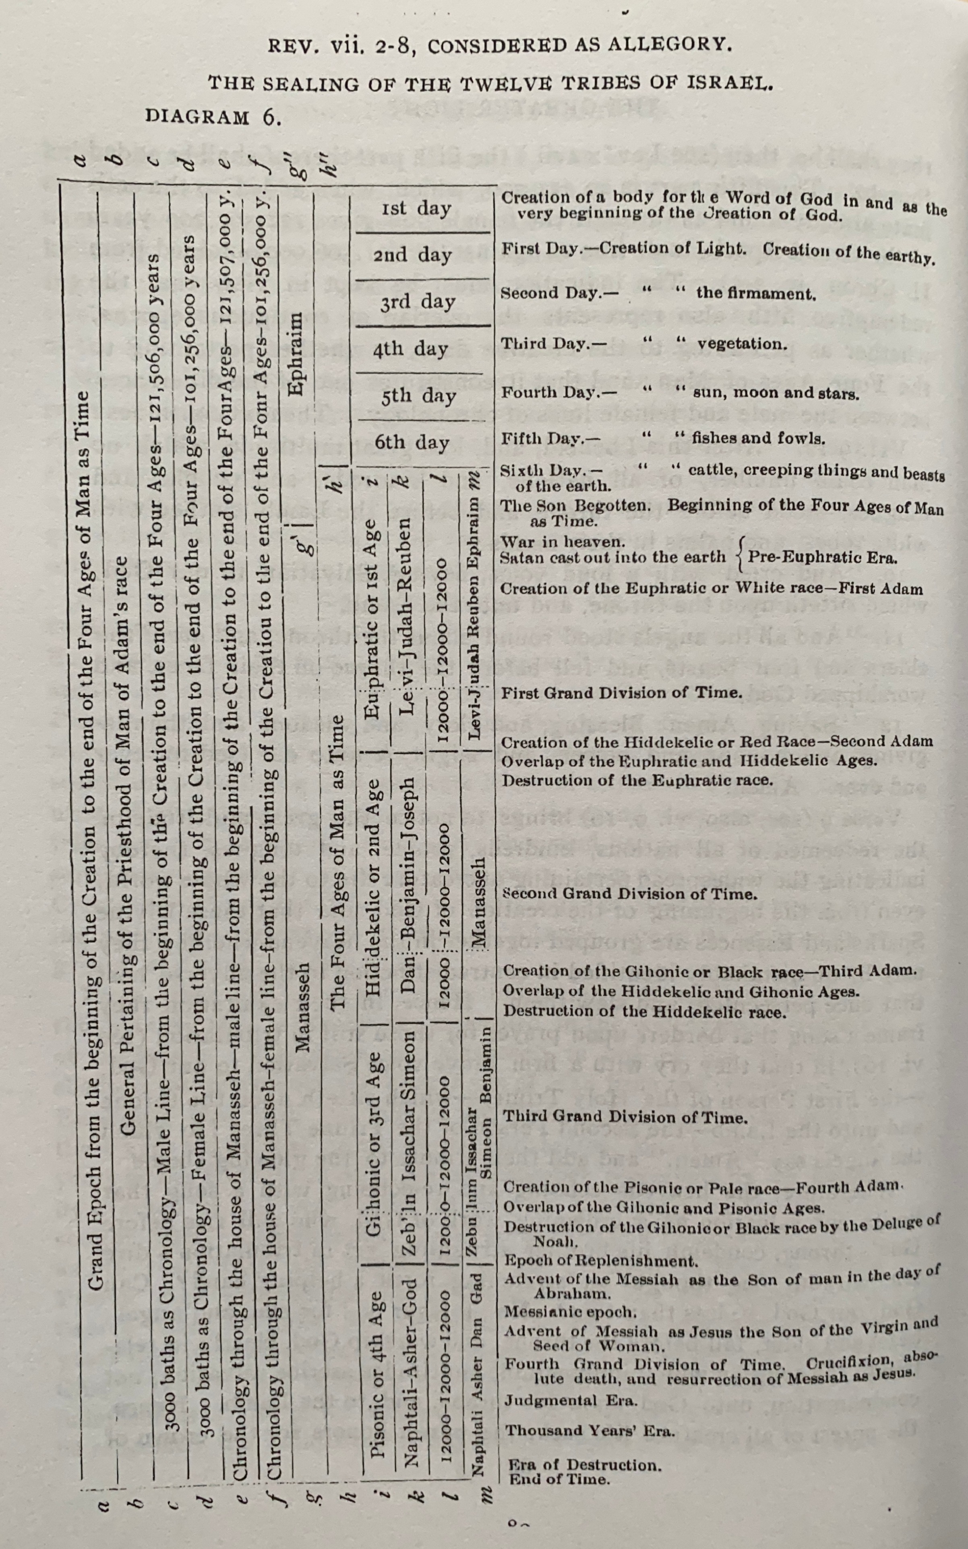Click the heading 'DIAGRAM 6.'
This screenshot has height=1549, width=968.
click(x=213, y=117)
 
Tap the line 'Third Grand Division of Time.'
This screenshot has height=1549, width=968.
click(x=625, y=1118)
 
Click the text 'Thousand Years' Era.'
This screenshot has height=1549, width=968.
click(x=589, y=1431)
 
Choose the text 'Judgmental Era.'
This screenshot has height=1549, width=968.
click(x=571, y=1400)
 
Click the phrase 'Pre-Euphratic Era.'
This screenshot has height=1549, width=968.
click(x=823, y=557)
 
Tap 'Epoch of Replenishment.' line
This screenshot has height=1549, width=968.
click(x=600, y=1261)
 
